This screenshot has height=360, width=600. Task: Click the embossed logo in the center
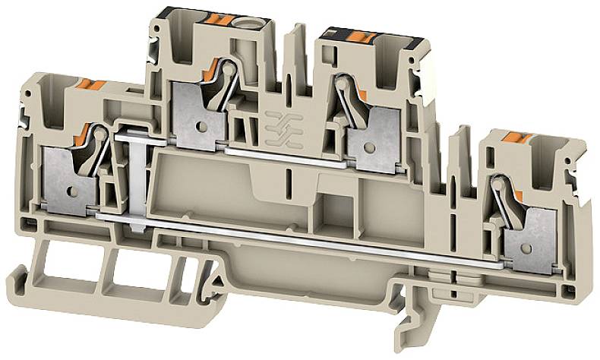[x=279, y=125]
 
